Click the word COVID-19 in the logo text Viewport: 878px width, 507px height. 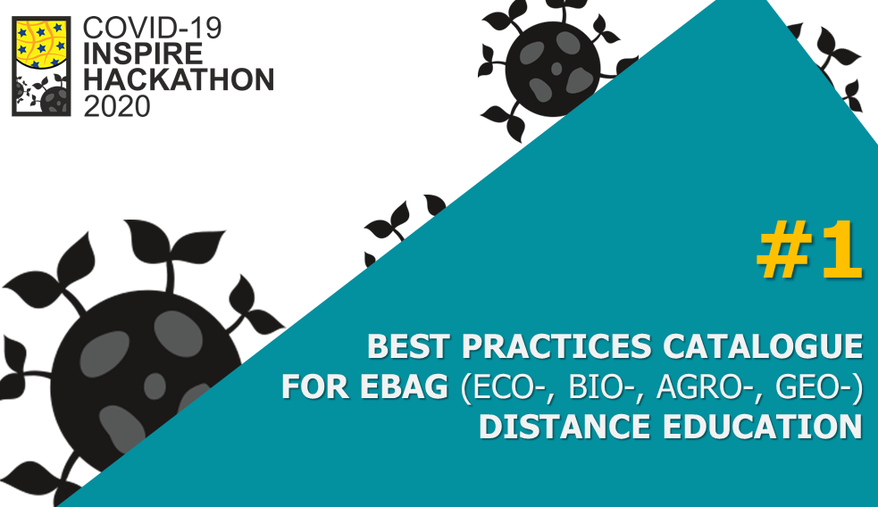pyautogui.click(x=153, y=28)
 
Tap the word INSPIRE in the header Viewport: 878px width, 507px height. pyautogui.click(x=143, y=54)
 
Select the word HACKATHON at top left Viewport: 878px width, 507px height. pyautogui.click(x=179, y=79)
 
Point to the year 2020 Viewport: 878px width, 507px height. pyautogui.click(x=117, y=105)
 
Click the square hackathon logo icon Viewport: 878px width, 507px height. pyautogui.click(x=41, y=66)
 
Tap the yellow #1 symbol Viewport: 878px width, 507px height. pyautogui.click(x=809, y=249)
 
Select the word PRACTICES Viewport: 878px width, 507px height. pyautogui.click(x=556, y=345)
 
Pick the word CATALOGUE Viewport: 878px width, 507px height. pyautogui.click(x=763, y=345)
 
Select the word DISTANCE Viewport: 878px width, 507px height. pyautogui.click(x=564, y=427)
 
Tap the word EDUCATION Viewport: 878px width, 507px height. pyautogui.click(x=763, y=427)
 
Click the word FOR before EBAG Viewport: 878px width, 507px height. pyautogui.click(x=314, y=386)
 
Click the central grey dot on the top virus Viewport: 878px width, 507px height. pyautogui.click(x=556, y=68)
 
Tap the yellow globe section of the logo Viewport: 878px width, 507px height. pyautogui.click(x=41, y=41)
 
